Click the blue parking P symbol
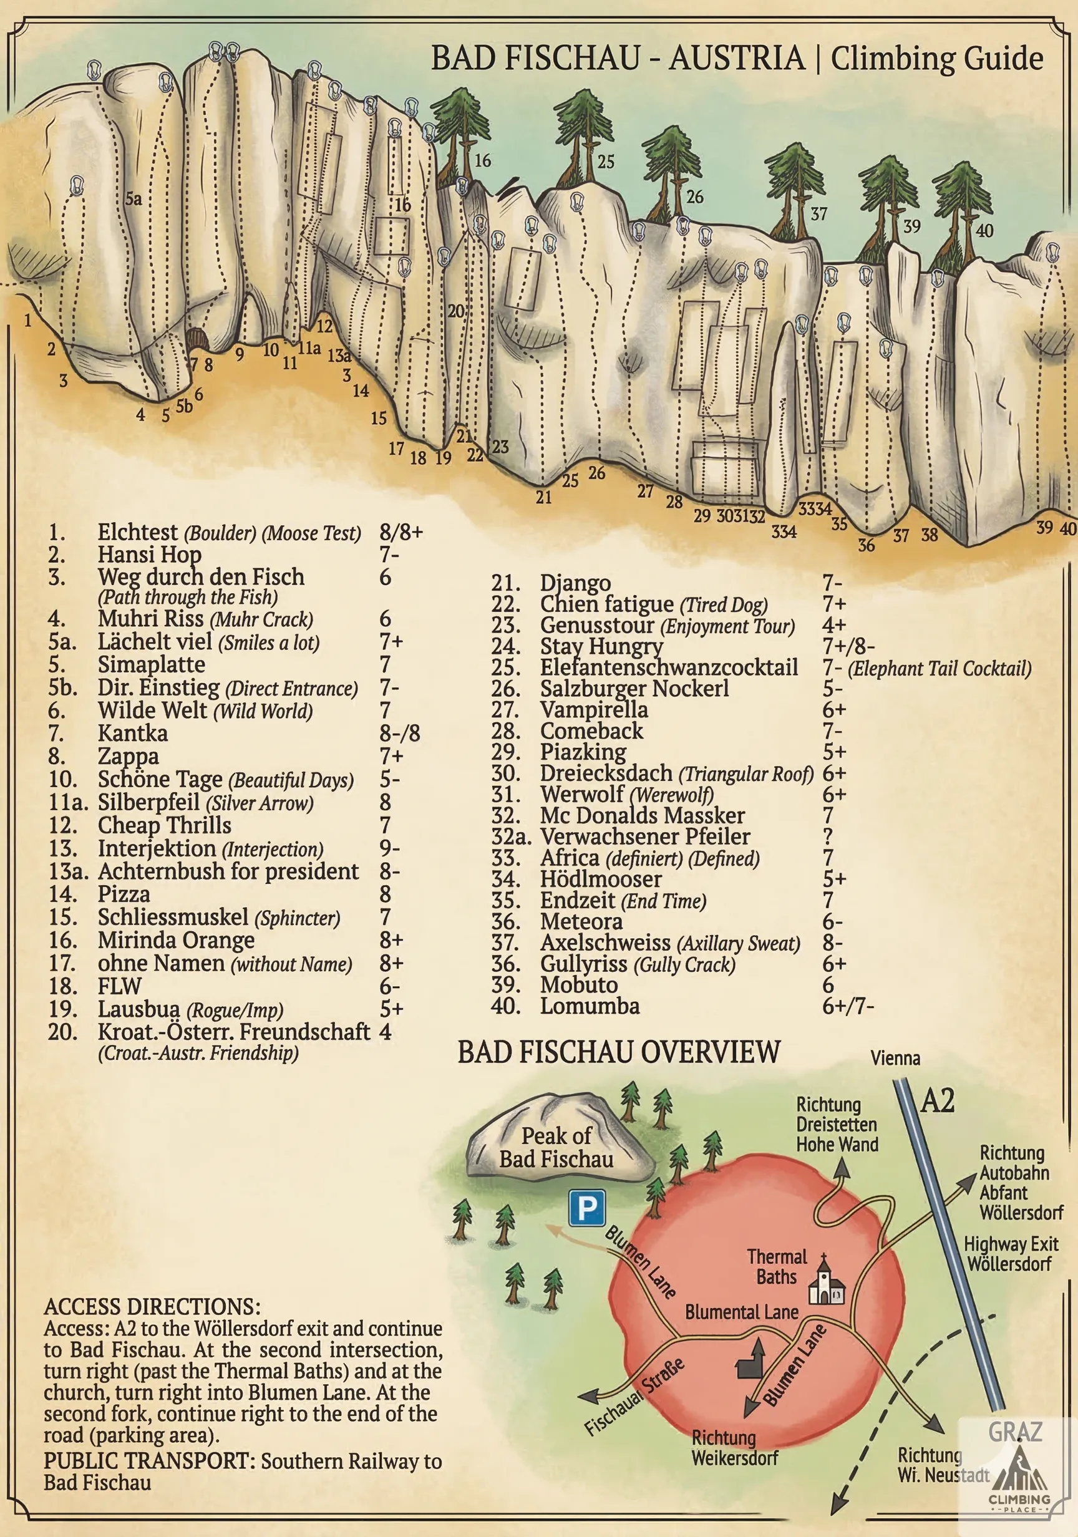[586, 1208]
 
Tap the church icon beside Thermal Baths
[828, 1281]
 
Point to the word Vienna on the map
[895, 1059]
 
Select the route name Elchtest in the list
[138, 532]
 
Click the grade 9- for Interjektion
[390, 848]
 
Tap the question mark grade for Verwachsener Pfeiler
[828, 836]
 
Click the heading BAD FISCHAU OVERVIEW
[619, 1052]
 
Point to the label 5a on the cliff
[134, 198]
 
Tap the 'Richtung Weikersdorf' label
[734, 1448]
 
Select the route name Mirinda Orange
[176, 940]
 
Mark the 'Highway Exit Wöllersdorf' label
[1011, 1254]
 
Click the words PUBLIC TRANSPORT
[149, 1461]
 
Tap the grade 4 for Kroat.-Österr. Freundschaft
[385, 1032]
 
